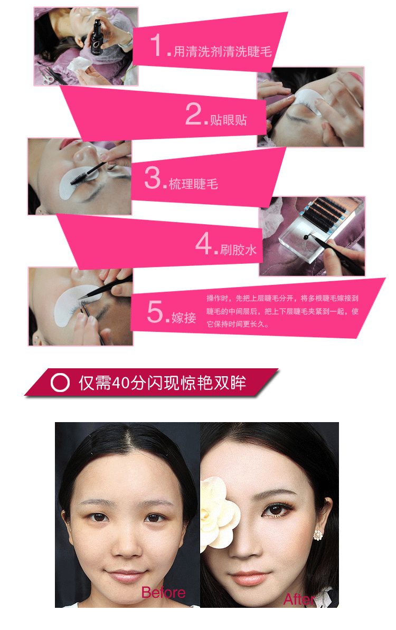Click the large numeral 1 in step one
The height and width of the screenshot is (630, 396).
[157, 45]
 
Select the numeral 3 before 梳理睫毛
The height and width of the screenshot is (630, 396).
[153, 177]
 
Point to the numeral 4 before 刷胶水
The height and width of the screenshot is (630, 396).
[204, 243]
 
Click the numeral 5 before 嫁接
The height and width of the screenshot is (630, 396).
[155, 311]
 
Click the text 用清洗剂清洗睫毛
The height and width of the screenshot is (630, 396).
[223, 51]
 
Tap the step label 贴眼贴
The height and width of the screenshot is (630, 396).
[228, 120]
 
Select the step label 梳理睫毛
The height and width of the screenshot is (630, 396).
[193, 184]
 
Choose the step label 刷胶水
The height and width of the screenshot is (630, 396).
[239, 250]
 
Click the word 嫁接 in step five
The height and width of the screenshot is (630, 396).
[184, 318]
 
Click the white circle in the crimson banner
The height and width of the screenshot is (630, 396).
[60, 382]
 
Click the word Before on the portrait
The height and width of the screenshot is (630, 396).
[163, 593]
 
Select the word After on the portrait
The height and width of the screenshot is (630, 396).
[299, 599]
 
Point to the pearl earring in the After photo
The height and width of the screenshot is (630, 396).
[318, 535]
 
